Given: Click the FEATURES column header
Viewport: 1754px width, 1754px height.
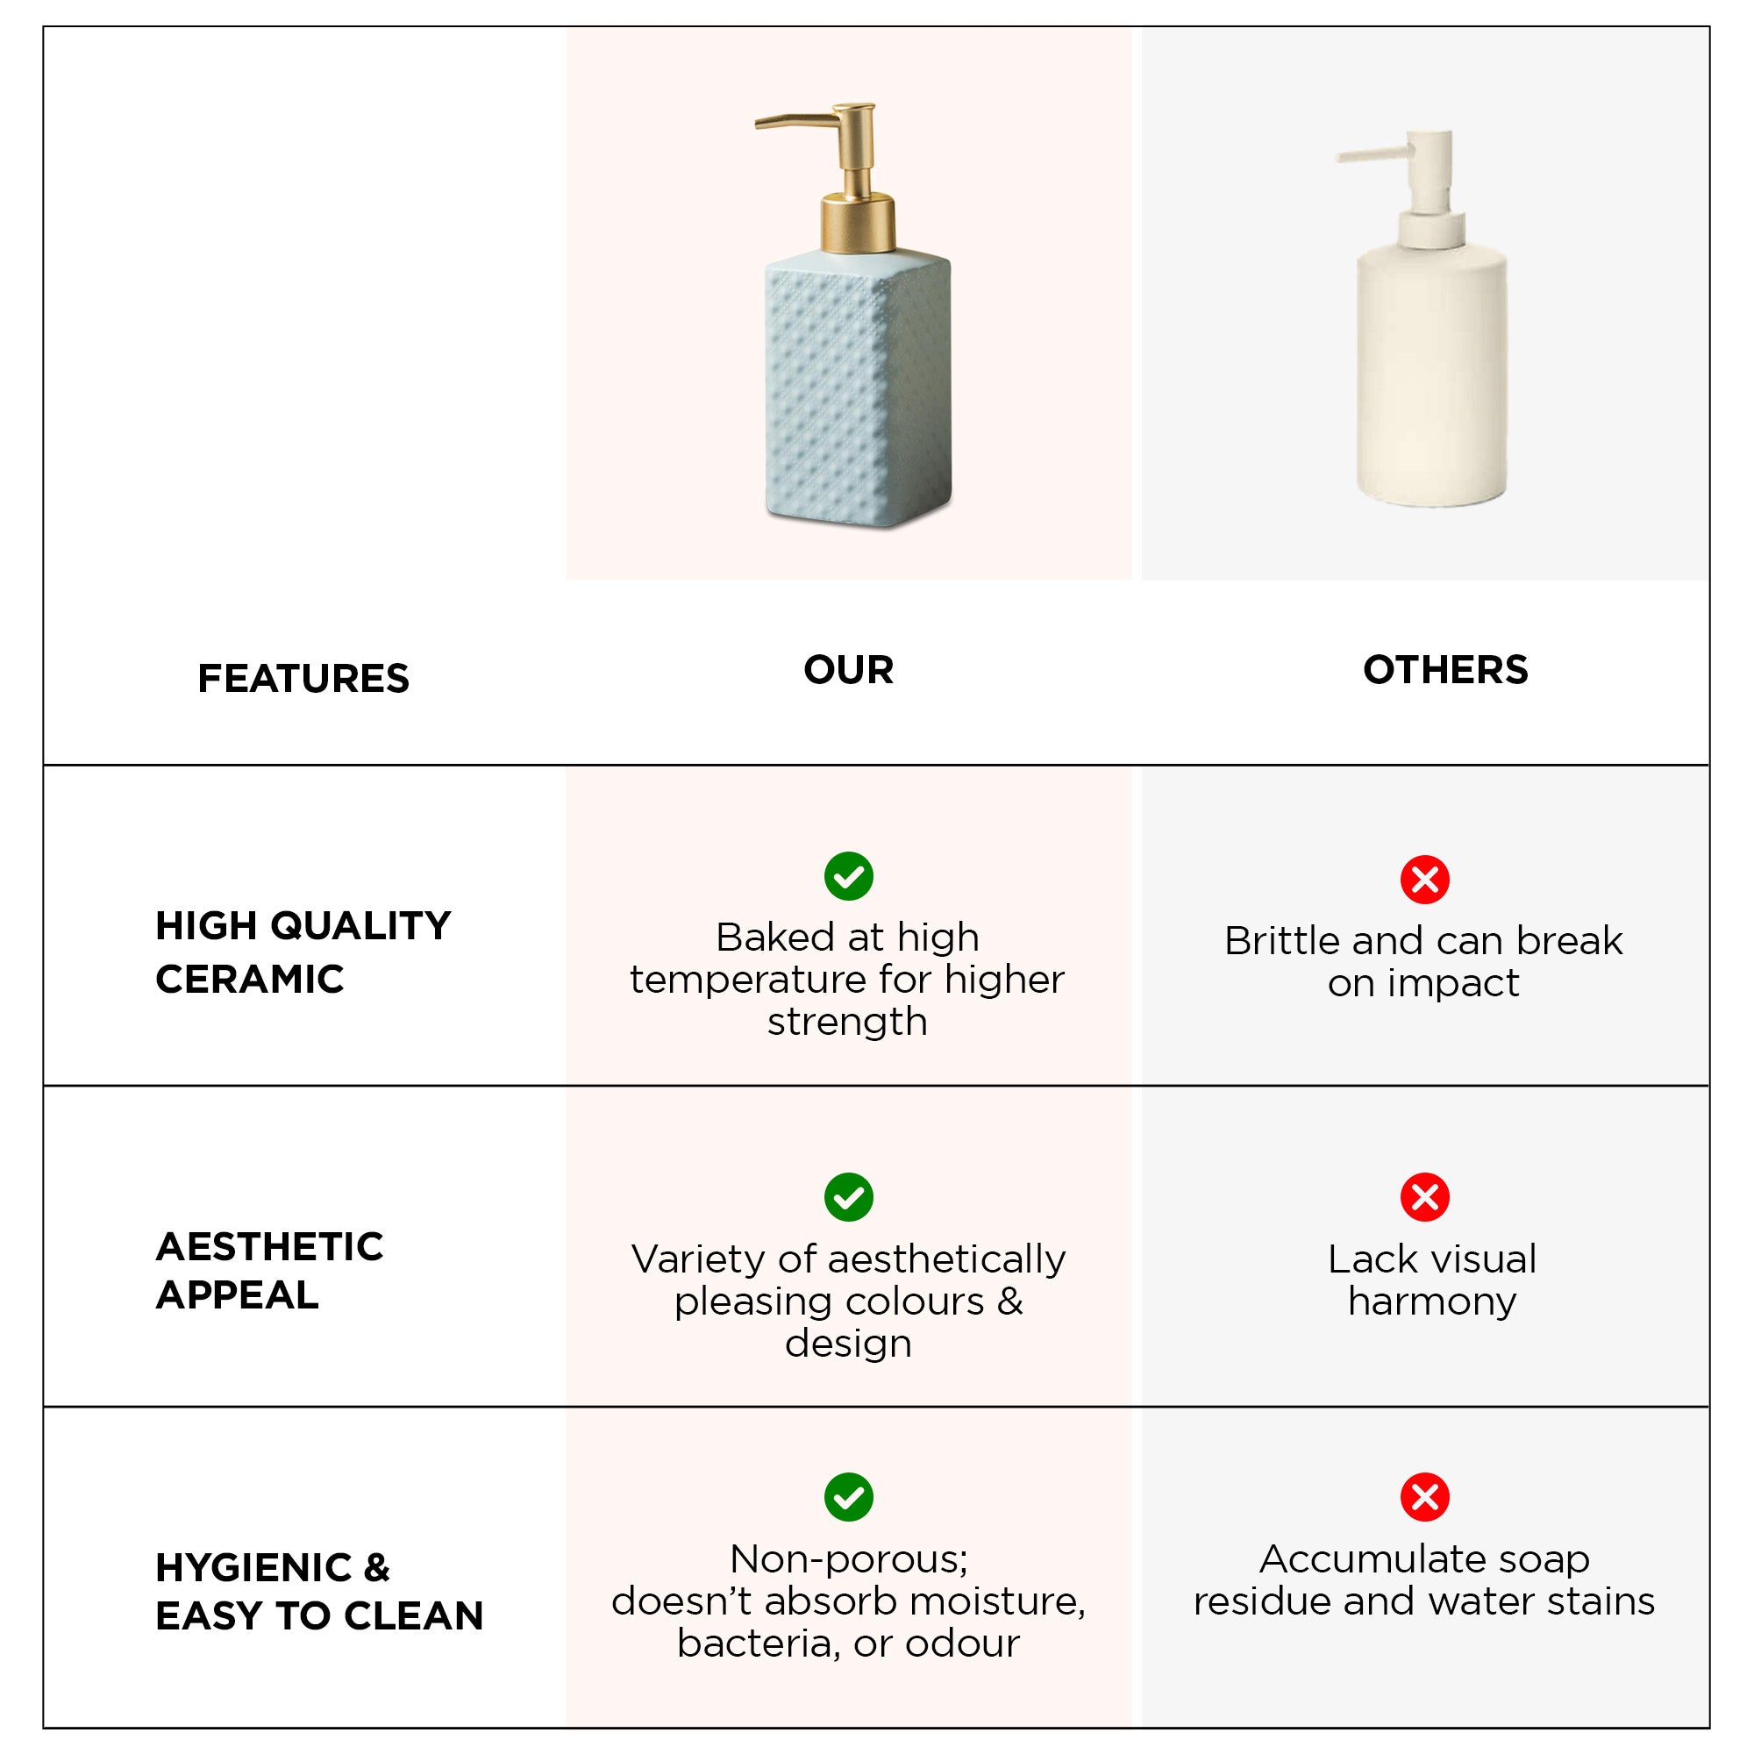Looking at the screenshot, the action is tap(303, 678).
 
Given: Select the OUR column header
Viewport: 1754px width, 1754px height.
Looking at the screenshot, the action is tap(848, 670).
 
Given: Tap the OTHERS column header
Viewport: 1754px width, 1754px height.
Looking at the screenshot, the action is tap(1445, 670).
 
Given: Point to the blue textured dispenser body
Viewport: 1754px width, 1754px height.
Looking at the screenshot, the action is tap(858, 388).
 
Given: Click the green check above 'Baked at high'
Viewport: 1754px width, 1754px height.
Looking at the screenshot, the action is tap(849, 876).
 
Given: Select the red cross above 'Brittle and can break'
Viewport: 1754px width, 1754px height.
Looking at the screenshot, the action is tap(1424, 879).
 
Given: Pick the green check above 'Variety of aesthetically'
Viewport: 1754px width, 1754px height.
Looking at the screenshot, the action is tap(849, 1197).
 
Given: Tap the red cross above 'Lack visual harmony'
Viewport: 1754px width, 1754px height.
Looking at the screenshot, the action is tap(1424, 1196).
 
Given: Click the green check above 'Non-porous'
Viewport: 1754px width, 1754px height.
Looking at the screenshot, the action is tap(849, 1497).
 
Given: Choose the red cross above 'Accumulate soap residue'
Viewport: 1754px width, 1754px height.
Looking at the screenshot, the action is tap(1424, 1497).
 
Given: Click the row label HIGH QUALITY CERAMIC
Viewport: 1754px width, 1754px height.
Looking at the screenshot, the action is tap(303, 952).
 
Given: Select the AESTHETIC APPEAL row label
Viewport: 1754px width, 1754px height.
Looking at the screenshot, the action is tap(268, 1270).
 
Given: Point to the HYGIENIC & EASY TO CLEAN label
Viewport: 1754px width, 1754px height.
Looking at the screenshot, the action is tap(318, 1592).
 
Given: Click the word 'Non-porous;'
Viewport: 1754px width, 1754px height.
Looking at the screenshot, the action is tap(849, 1559).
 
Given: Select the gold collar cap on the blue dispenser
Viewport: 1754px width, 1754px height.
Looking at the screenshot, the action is tap(858, 223).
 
